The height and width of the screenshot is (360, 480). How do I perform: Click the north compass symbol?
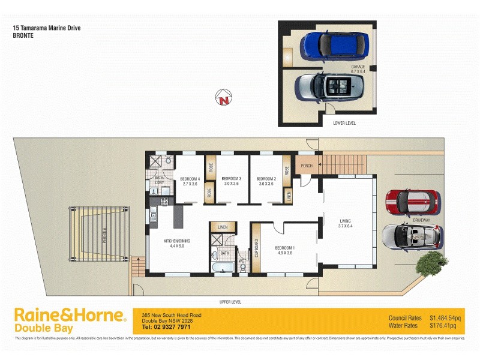(224, 98)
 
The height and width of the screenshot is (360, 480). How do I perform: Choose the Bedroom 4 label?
(190, 181)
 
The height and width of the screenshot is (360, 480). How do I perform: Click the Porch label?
(307, 166)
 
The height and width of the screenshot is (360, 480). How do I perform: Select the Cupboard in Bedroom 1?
(256, 248)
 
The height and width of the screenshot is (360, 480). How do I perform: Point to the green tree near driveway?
(431, 263)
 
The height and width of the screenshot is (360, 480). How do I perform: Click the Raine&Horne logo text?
(70, 316)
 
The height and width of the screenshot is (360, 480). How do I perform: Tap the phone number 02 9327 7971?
(166, 327)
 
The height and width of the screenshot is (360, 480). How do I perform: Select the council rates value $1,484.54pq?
(445, 317)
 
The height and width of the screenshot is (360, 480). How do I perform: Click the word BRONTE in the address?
(23, 35)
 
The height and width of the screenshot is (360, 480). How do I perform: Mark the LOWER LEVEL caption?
(344, 122)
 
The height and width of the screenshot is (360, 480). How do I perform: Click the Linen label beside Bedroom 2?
(289, 196)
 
